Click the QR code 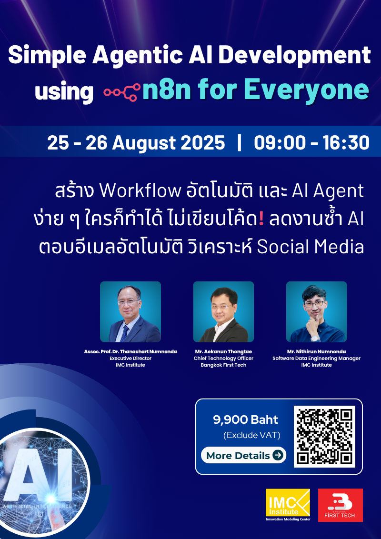click(325, 436)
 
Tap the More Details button click(243, 455)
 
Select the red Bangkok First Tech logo click(340, 505)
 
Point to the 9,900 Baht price click(246, 419)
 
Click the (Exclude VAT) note click(251, 435)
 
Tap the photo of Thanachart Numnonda click(130, 311)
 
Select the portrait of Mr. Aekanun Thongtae click(223, 311)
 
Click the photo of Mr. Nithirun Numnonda click(316, 311)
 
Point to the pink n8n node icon click(122, 91)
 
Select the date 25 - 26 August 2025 click(136, 142)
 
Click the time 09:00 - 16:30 click(311, 142)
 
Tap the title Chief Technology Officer click(223, 358)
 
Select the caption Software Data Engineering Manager click(316, 358)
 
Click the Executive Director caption click(130, 358)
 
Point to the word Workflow click(140, 191)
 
